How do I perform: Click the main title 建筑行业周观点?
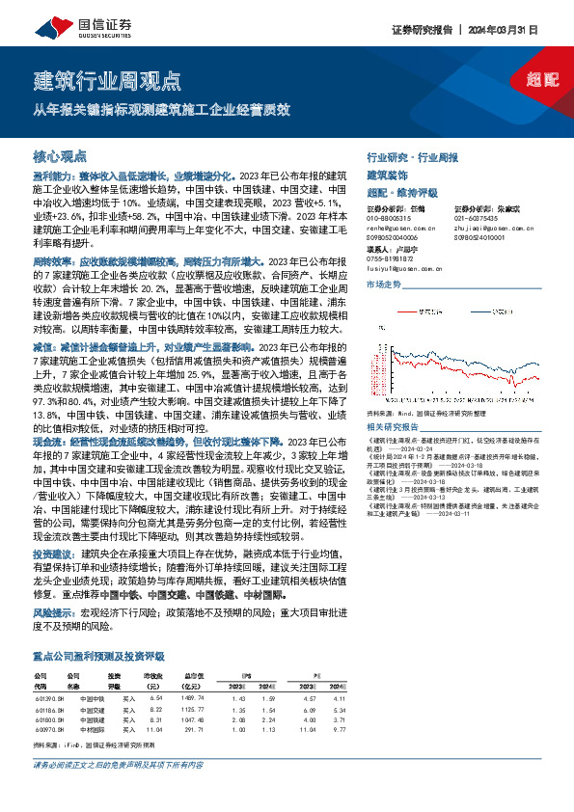106,80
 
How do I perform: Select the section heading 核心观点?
60,155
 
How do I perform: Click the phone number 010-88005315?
389,217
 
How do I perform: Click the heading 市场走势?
384,286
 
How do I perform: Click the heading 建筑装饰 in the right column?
388,176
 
